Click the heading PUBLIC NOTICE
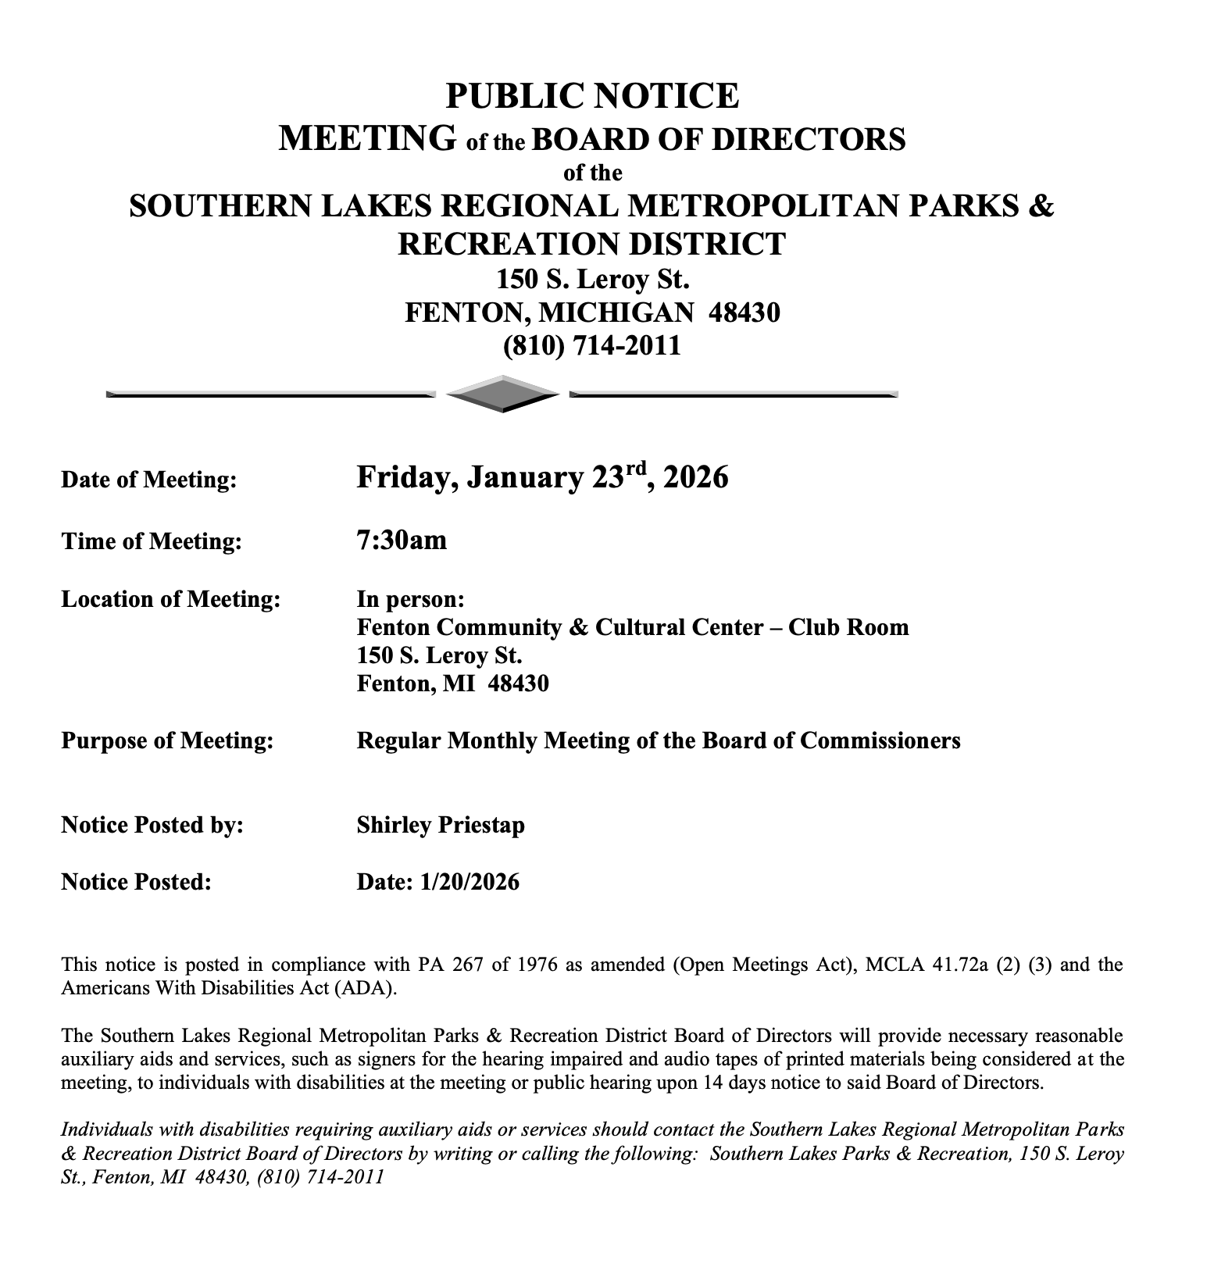click(591, 96)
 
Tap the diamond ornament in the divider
click(502, 394)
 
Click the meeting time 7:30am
click(402, 540)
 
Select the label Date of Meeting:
click(148, 480)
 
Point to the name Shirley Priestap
click(441, 825)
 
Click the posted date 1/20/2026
click(469, 882)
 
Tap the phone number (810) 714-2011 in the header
click(591, 345)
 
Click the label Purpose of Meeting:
click(167, 740)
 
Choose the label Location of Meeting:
click(170, 599)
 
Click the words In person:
click(411, 599)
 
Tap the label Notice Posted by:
click(152, 825)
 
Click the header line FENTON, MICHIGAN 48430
click(591, 312)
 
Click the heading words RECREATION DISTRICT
click(591, 244)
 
